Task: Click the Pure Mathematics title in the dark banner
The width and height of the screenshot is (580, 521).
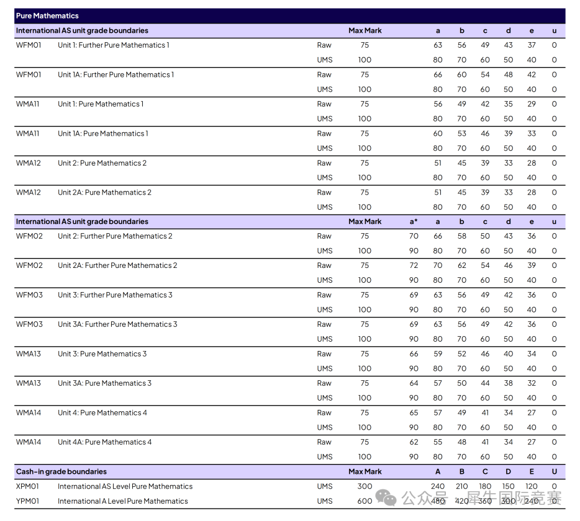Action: pos(47,16)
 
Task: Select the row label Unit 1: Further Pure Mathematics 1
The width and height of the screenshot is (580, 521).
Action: pos(113,45)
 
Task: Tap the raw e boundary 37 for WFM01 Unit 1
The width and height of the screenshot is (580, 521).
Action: pos(532,45)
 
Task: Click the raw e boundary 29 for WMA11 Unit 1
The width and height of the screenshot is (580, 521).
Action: pos(532,104)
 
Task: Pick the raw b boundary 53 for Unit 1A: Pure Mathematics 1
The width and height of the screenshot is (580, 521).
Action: pos(461,133)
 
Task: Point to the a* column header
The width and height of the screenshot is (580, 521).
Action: pos(414,221)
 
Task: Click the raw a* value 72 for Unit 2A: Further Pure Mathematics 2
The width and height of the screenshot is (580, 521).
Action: pos(414,265)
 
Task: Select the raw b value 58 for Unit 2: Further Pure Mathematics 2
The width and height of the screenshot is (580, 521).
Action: pos(461,236)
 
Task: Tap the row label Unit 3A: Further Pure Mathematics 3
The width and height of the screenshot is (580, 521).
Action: pos(117,324)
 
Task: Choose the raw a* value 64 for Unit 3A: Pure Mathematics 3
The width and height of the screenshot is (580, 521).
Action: pos(414,383)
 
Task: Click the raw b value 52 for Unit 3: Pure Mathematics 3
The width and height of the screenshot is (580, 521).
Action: pos(461,354)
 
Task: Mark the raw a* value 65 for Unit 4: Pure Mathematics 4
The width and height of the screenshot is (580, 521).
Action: pos(414,413)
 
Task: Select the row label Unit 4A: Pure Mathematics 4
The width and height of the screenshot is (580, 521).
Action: pos(104,442)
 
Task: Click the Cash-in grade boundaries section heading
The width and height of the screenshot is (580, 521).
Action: pos(61,472)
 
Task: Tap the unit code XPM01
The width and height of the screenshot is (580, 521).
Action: pos(27,487)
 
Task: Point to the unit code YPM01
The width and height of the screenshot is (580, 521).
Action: pos(27,501)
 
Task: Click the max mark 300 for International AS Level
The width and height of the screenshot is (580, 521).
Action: pos(365,487)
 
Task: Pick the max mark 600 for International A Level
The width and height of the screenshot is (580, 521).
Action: pos(365,501)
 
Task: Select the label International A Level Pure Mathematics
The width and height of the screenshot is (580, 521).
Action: pos(122,501)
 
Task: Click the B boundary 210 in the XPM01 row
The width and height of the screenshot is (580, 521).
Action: pos(461,487)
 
